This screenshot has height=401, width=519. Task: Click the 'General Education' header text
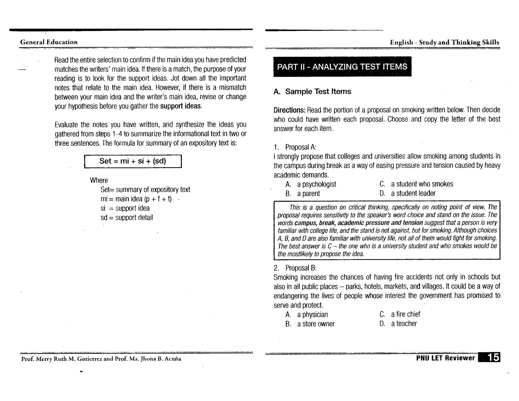49,42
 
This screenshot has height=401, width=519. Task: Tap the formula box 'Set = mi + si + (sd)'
133,161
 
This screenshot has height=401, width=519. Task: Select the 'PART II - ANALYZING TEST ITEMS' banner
342,67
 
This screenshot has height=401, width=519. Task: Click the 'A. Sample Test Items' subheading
312,92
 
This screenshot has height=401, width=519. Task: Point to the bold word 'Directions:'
289,110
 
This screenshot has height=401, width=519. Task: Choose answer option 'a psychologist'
317,184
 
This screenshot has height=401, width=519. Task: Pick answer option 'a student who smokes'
422,184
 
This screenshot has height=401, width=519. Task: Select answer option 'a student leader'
413,193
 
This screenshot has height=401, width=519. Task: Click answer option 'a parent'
308,194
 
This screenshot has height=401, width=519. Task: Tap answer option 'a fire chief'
405,314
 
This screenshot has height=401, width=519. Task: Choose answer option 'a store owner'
316,324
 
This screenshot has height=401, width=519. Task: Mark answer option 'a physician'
312,315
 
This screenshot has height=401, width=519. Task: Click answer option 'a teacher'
404,324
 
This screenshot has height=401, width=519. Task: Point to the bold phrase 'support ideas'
180,106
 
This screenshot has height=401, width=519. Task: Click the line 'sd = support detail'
127,217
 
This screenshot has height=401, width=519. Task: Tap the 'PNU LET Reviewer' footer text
445,358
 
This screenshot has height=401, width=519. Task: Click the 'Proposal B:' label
301,268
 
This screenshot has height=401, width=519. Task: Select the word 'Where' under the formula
99,180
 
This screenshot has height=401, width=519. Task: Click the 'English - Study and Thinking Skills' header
444,42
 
